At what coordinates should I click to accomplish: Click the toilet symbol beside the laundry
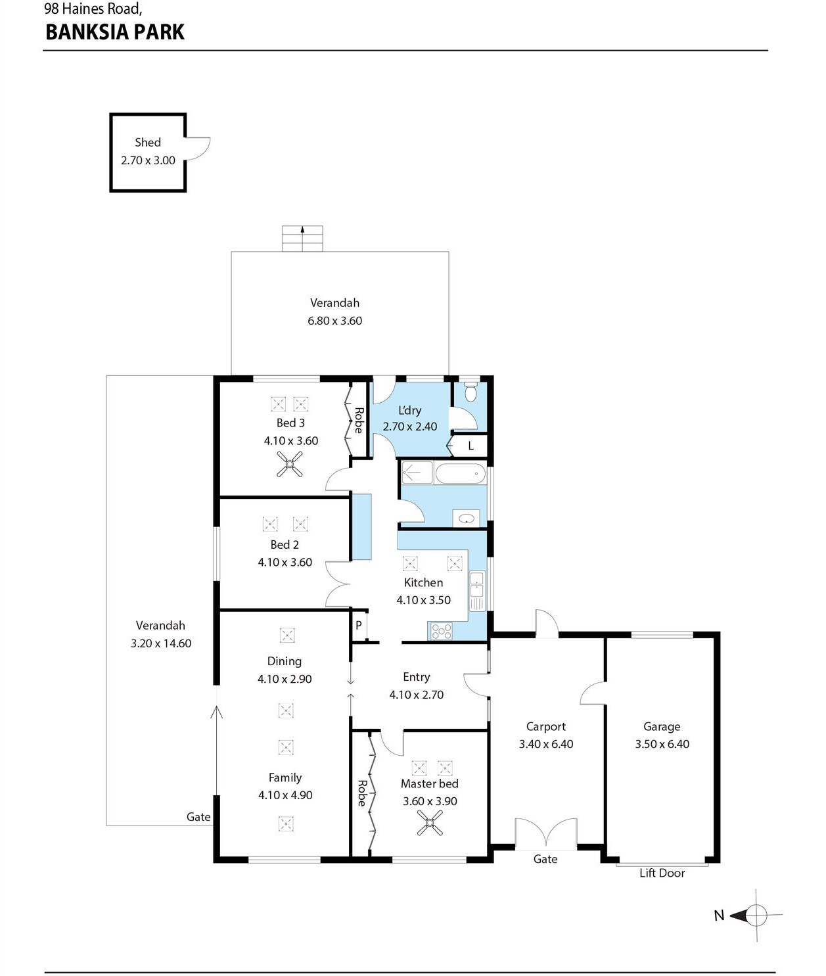[x=470, y=392]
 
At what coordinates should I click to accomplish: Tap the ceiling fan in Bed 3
[x=289, y=464]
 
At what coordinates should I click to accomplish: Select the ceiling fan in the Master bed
[x=430, y=823]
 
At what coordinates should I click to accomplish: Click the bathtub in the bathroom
[x=460, y=473]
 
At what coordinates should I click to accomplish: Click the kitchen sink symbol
[x=476, y=591]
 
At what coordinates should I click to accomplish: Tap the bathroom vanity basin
[x=467, y=519]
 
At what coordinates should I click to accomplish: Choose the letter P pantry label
[x=359, y=625]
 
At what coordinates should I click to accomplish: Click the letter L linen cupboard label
[x=470, y=446]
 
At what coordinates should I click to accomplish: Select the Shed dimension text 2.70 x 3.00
[x=148, y=160]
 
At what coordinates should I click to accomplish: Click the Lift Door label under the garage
[x=662, y=873]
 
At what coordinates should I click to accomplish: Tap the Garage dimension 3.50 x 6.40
[x=662, y=744]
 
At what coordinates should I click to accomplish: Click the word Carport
[x=545, y=727]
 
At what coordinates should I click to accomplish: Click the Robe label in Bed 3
[x=359, y=420]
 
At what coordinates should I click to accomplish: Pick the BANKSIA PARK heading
[x=115, y=32]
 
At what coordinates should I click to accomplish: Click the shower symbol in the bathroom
[x=417, y=473]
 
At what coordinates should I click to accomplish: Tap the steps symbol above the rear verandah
[x=302, y=239]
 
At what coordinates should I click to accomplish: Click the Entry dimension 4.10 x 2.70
[x=417, y=695]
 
